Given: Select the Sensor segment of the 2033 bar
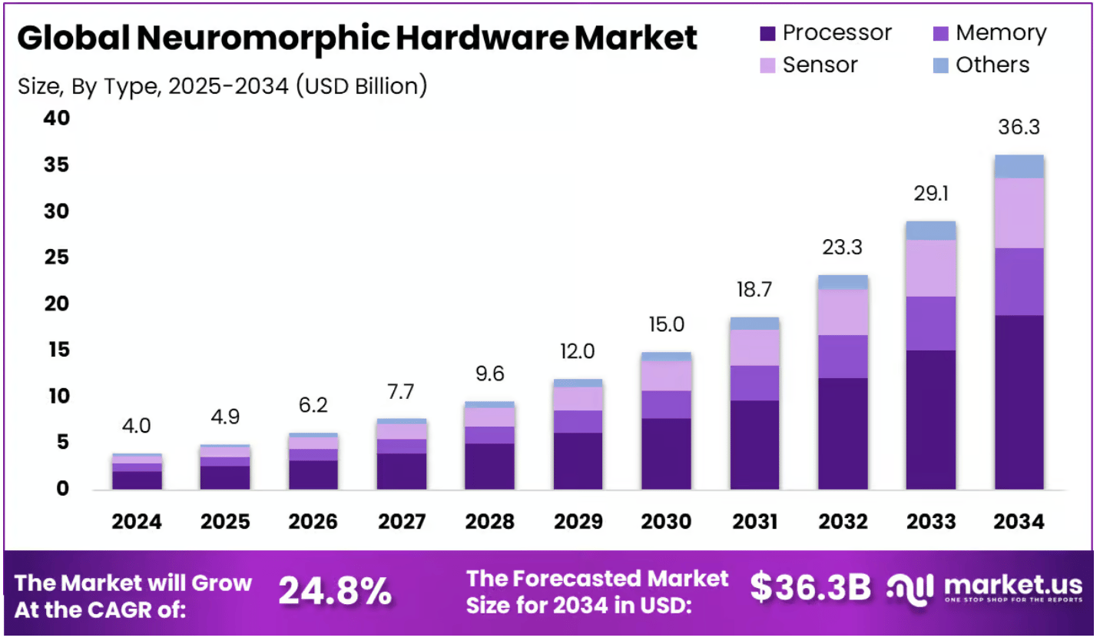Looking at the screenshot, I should (x=931, y=268).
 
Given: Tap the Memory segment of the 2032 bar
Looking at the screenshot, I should (x=843, y=356).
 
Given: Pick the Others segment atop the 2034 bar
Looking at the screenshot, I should (x=1019, y=166).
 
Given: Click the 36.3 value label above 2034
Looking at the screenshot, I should (x=1019, y=127).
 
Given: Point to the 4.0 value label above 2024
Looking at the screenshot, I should (x=136, y=425).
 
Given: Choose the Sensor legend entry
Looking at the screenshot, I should (x=820, y=65).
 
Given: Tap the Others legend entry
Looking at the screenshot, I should (x=992, y=65).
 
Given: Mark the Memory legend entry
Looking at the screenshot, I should (x=1000, y=34).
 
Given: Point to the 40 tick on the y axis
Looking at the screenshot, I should (x=56, y=118).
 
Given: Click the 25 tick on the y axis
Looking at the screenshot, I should (x=56, y=257).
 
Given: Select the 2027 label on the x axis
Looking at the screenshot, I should (x=402, y=522).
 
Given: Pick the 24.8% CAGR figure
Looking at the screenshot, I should (x=334, y=590).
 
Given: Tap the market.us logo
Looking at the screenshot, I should (x=985, y=588).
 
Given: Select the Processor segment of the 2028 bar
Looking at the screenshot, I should (x=490, y=467).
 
